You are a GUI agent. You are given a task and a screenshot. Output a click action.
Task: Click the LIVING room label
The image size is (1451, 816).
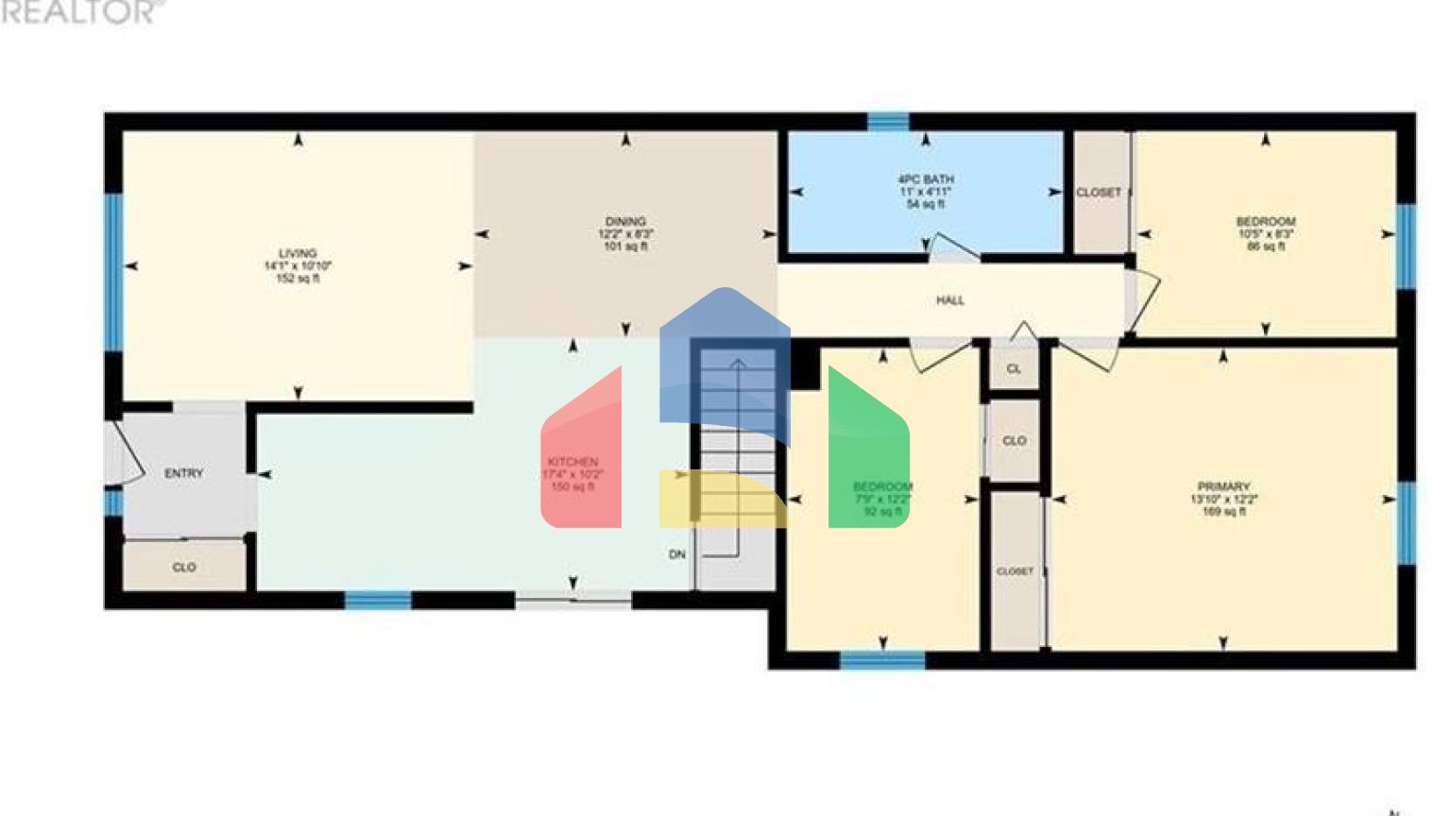[298, 253]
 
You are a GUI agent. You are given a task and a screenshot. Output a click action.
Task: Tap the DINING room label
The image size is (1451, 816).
[625, 221]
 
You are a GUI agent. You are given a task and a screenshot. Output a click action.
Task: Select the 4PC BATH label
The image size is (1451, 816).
[925, 178]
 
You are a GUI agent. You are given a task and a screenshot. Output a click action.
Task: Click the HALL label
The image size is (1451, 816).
[950, 300]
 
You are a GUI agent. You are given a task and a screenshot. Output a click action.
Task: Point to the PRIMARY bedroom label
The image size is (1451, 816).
[1223, 486]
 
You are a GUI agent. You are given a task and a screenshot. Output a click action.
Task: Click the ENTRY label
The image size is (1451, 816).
[183, 473]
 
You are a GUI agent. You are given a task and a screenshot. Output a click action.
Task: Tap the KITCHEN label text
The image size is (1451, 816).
[572, 462]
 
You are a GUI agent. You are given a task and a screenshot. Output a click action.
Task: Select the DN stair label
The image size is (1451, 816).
[677, 554]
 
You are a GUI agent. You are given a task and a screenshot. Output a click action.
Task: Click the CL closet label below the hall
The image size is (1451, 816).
[1014, 369]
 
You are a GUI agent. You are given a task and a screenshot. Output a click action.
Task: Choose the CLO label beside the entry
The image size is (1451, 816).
[184, 568]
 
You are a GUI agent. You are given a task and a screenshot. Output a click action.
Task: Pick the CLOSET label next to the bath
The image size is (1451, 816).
[1099, 192]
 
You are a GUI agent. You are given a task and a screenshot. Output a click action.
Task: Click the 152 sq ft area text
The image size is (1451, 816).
[298, 279]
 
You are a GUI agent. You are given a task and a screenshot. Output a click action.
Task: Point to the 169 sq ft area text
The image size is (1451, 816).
[1223, 512]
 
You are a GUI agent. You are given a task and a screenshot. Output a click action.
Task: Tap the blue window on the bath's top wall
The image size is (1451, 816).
[888, 121]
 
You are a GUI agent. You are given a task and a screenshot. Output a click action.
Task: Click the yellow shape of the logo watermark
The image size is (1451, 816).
[718, 499]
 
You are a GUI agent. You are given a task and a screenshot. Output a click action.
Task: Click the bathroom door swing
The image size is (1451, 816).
[954, 248]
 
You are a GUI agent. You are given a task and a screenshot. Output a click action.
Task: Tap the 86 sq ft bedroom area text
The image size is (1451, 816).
[1266, 246]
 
